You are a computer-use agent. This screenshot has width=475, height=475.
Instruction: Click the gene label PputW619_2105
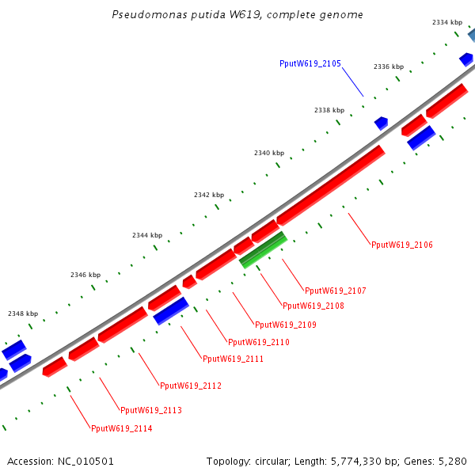tap(310, 63)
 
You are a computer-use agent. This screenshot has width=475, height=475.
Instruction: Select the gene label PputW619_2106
tap(402, 245)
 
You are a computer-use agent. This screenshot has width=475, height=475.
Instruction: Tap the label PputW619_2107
tap(336, 291)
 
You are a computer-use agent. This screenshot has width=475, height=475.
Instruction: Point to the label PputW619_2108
tap(313, 306)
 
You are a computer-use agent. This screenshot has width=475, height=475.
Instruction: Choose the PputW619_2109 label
tap(286, 325)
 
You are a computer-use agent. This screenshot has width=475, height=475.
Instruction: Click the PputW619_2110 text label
tap(259, 342)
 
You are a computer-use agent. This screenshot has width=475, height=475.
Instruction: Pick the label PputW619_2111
tap(233, 359)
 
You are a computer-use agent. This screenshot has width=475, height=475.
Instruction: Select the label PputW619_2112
tap(191, 386)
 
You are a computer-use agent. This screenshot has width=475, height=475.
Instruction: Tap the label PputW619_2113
tap(151, 410)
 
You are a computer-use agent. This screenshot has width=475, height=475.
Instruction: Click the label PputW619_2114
tap(122, 429)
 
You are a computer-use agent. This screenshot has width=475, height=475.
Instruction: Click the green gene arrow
tap(264, 249)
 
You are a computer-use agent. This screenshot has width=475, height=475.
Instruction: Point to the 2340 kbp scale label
tap(269, 153)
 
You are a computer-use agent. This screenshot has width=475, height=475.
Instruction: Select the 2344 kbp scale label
tap(147, 236)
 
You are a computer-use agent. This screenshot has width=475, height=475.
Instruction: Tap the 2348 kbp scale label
tap(23, 313)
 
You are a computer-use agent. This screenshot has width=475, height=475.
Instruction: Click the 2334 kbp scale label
tap(447, 23)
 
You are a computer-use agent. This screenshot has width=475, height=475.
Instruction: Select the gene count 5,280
tap(452, 461)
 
